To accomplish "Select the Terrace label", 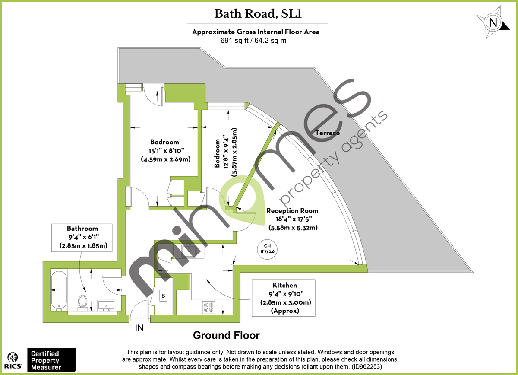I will (327, 133).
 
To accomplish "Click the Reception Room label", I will (292, 211).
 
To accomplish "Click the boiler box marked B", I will (164, 296).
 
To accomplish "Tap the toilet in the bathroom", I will (82, 302).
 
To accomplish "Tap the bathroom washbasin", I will (106, 305).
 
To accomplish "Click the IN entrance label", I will (139, 328).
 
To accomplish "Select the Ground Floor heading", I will (226, 335).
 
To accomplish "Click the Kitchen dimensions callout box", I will (284, 298).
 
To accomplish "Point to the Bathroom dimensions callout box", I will (82, 237).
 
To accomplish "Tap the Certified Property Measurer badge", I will (51, 360).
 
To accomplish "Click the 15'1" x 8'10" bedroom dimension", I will (166, 150).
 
